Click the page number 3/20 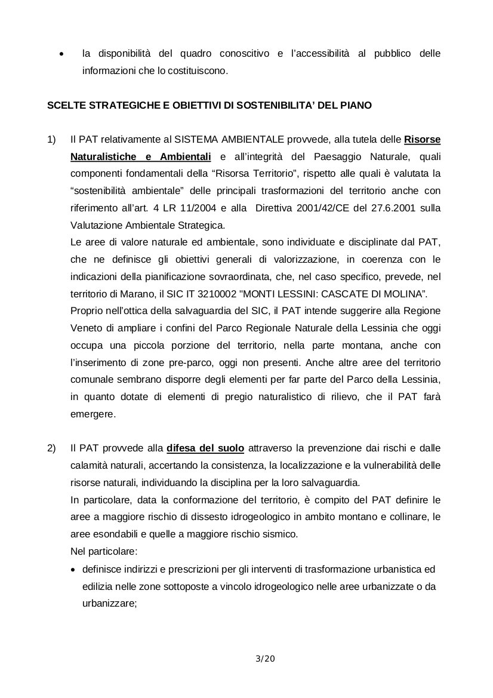point(264,659)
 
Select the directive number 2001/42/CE point(306,209)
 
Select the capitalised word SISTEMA point(191,140)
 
